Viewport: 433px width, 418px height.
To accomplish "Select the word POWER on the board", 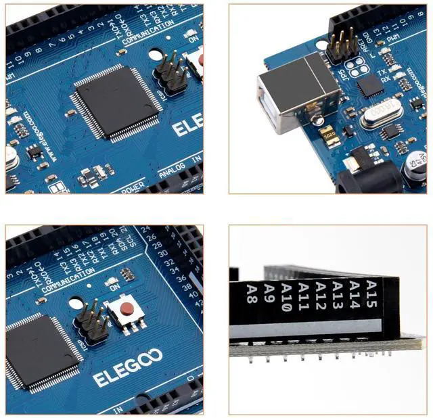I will (x=133, y=190).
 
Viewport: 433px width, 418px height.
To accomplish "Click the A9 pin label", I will (x=269, y=296).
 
